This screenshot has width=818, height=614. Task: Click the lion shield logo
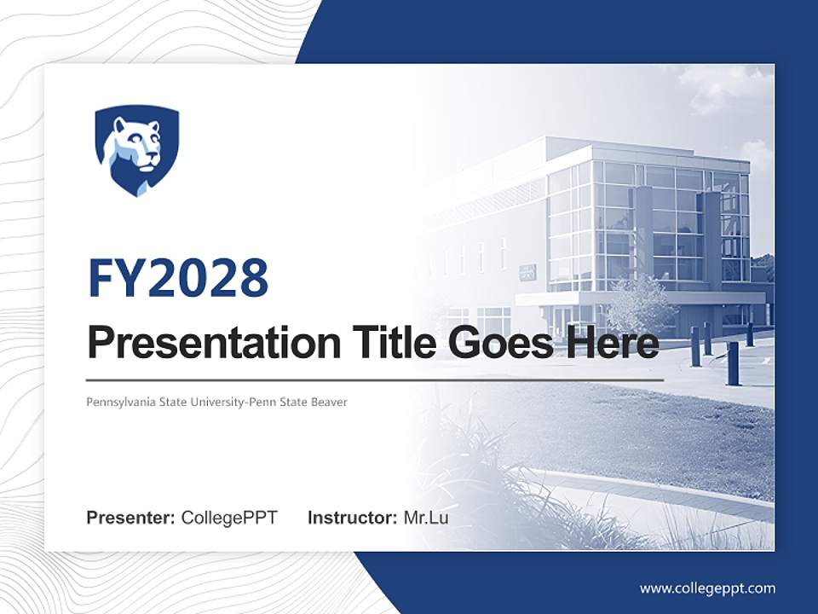136,150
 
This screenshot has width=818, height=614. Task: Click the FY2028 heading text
178,278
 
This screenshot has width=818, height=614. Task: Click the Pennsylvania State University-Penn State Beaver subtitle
216,402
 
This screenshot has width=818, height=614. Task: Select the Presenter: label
131,518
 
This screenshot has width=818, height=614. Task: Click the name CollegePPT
229,518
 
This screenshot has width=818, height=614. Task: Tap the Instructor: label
352,518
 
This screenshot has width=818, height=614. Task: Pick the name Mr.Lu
425,518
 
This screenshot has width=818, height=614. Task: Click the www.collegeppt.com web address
707,588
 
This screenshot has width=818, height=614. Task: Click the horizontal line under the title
375,379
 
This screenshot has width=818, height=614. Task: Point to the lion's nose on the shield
151,157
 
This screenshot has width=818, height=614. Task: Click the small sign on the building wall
527,272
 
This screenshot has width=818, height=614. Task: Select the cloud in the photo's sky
716,90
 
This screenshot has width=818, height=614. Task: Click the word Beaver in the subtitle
331,402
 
